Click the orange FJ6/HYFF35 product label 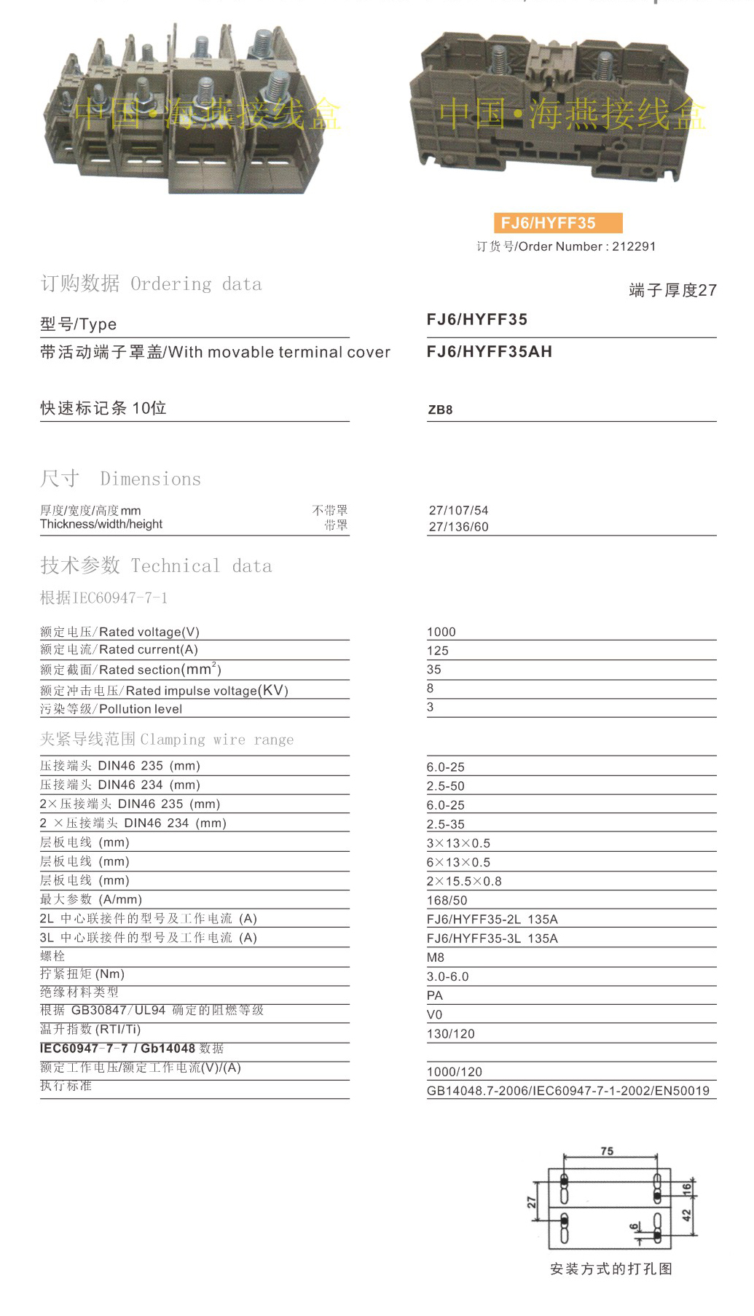click(x=557, y=223)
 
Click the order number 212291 click(x=634, y=246)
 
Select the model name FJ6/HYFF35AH click(x=490, y=352)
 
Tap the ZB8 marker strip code click(x=440, y=410)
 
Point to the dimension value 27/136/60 click(x=458, y=527)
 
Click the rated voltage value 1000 click(x=441, y=632)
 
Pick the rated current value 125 click(x=438, y=651)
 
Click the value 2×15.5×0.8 click(x=464, y=881)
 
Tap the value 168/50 click(x=447, y=901)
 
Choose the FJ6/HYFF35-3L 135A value click(x=492, y=939)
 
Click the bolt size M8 click(x=436, y=957)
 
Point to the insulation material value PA click(x=435, y=995)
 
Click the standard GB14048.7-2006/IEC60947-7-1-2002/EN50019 click(x=568, y=1091)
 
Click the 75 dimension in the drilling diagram click(x=607, y=1151)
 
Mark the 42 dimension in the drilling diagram click(x=686, y=1215)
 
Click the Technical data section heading click(x=156, y=565)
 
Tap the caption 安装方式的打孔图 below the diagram click(x=611, y=1269)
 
